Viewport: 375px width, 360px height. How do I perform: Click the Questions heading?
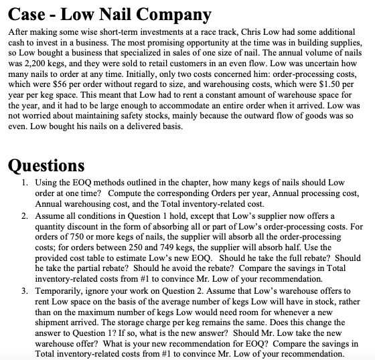click(48, 164)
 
